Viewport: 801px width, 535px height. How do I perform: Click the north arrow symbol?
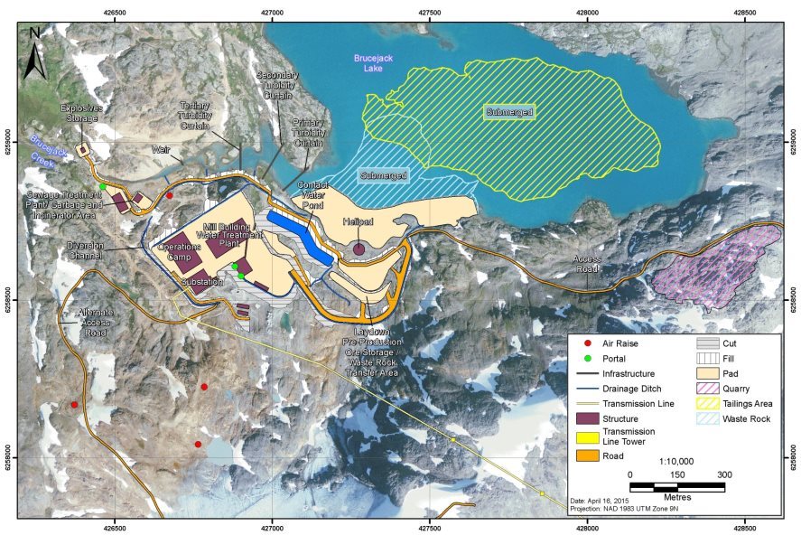33,52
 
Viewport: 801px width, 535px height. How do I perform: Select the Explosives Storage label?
81,114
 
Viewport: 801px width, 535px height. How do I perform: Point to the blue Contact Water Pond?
295,232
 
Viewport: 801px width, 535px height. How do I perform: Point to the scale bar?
677,487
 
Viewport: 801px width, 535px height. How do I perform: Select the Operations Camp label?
179,251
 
